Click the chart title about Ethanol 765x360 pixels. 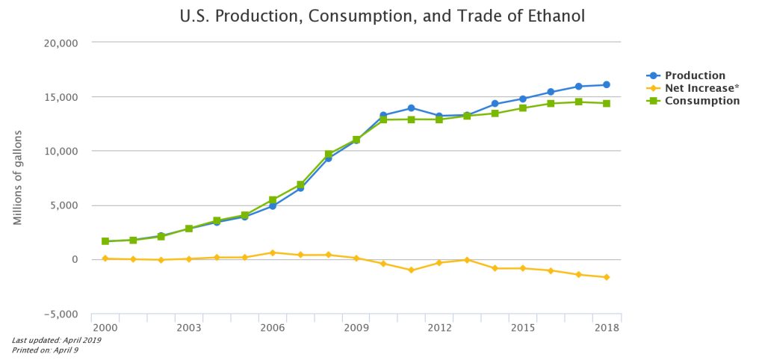point(382,16)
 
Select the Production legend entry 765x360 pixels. point(696,75)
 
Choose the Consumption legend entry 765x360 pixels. point(702,101)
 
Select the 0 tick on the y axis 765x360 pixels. point(75,260)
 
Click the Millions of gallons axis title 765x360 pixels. point(17,177)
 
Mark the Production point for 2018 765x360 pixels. point(607,84)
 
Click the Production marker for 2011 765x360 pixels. point(412,108)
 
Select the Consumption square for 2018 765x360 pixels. point(607,103)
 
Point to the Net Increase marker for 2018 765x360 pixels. point(607,277)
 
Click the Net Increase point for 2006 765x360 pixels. point(273,252)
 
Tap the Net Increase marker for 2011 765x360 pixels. point(412,270)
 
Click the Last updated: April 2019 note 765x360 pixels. point(57,341)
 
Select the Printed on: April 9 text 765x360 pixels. point(46,350)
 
